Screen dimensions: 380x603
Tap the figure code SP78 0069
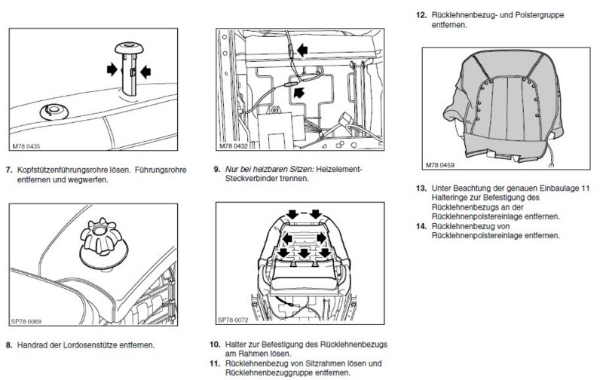(26, 320)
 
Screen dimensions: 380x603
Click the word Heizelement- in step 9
(339, 170)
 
